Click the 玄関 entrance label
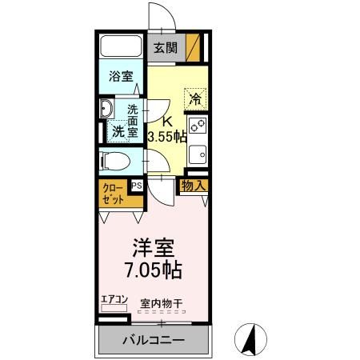coord(166,48)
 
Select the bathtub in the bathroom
coord(120,48)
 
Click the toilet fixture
coord(116,161)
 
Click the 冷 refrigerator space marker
coord(194,99)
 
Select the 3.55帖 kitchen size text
coord(167,137)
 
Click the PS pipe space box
coord(138,185)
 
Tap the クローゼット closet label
coord(112,194)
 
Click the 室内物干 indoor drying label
coord(162,303)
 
